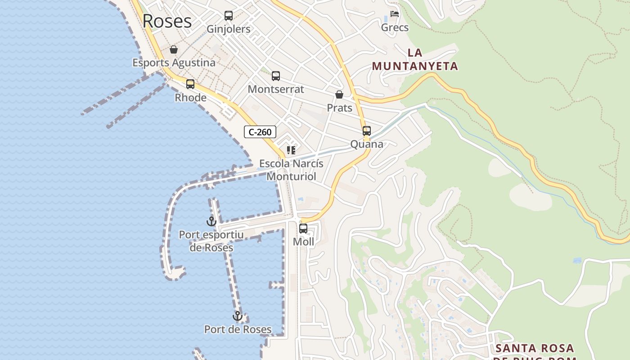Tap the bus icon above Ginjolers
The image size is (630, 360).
229,16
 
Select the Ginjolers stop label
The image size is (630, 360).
229,29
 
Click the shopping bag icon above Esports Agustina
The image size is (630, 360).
174,49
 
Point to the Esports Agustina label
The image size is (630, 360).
174,63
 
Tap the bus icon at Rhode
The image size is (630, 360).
190,84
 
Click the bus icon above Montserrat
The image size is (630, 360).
276,76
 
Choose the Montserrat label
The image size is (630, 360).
276,89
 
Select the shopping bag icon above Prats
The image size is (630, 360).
339,94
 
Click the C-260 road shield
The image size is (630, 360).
260,132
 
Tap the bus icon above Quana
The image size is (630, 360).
367,131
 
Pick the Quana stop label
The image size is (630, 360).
367,144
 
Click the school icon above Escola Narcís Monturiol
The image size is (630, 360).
291,150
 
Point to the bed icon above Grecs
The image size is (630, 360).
395,14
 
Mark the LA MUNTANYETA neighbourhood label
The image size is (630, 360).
415,60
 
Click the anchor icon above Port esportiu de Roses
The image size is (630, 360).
211,221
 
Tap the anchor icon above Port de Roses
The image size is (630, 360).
238,316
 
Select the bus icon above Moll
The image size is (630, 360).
303,229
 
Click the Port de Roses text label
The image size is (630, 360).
238,329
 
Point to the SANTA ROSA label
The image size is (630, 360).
535,348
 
